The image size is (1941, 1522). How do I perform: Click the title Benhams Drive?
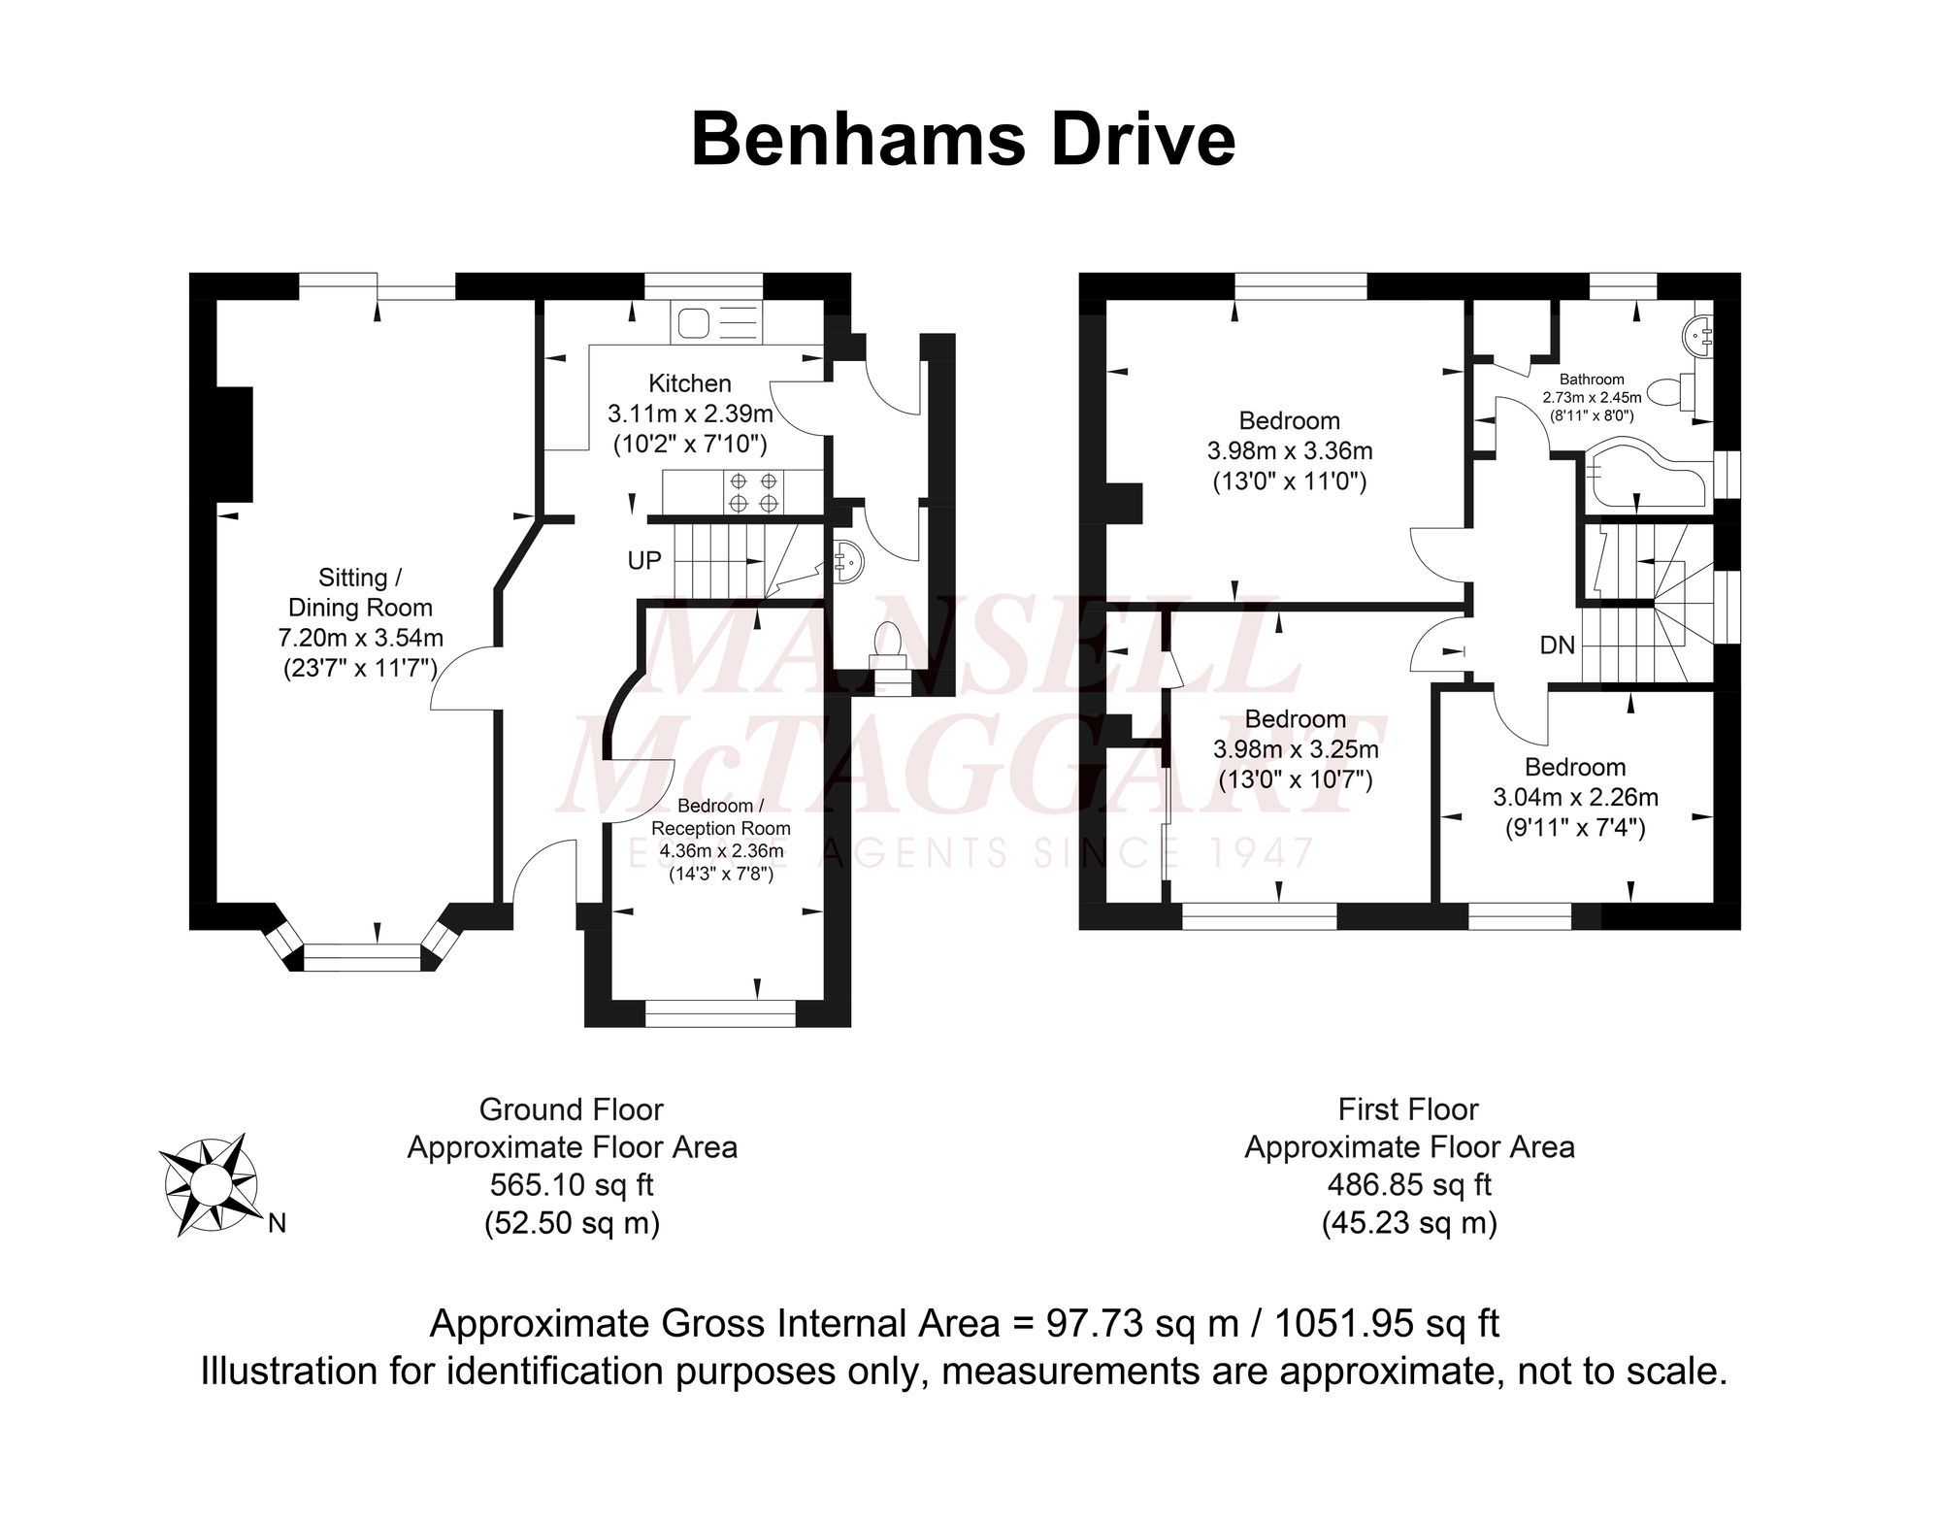tap(963, 140)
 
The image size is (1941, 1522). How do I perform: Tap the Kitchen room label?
tap(689, 383)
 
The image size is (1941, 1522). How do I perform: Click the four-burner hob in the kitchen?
tap(754, 491)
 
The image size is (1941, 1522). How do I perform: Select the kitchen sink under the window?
tap(716, 322)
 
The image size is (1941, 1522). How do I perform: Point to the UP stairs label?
tap(644, 560)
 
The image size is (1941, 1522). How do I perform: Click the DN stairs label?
tap(1557, 645)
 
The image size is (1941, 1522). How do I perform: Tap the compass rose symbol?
tap(211, 1183)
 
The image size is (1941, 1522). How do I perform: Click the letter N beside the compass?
tap(277, 1224)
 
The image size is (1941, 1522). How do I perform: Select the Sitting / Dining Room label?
tap(360, 592)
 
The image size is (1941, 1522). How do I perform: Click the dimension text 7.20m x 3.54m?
tap(360, 638)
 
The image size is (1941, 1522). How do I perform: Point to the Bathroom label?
tap(1592, 380)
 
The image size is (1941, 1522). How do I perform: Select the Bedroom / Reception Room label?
tap(720, 816)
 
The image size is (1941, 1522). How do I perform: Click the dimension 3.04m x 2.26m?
tap(1575, 797)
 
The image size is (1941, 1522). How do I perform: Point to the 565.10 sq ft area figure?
tap(572, 1185)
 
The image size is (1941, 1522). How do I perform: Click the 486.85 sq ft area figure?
tap(1409, 1185)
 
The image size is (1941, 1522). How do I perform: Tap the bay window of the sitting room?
tap(362, 958)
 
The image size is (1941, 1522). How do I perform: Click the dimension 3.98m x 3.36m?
tap(1290, 450)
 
